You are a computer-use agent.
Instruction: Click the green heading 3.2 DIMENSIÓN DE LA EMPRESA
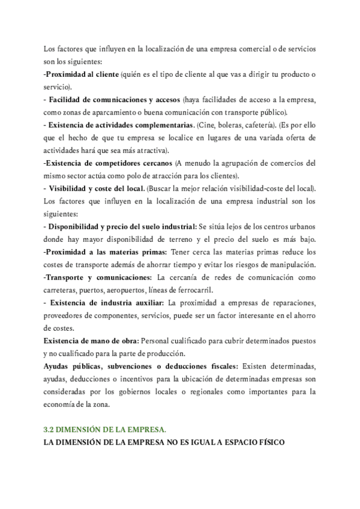pyautogui.click(x=105, y=430)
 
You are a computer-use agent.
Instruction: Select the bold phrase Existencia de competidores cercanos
pyautogui.click(x=109, y=163)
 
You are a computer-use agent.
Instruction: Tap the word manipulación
pyautogui.click(x=292, y=265)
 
